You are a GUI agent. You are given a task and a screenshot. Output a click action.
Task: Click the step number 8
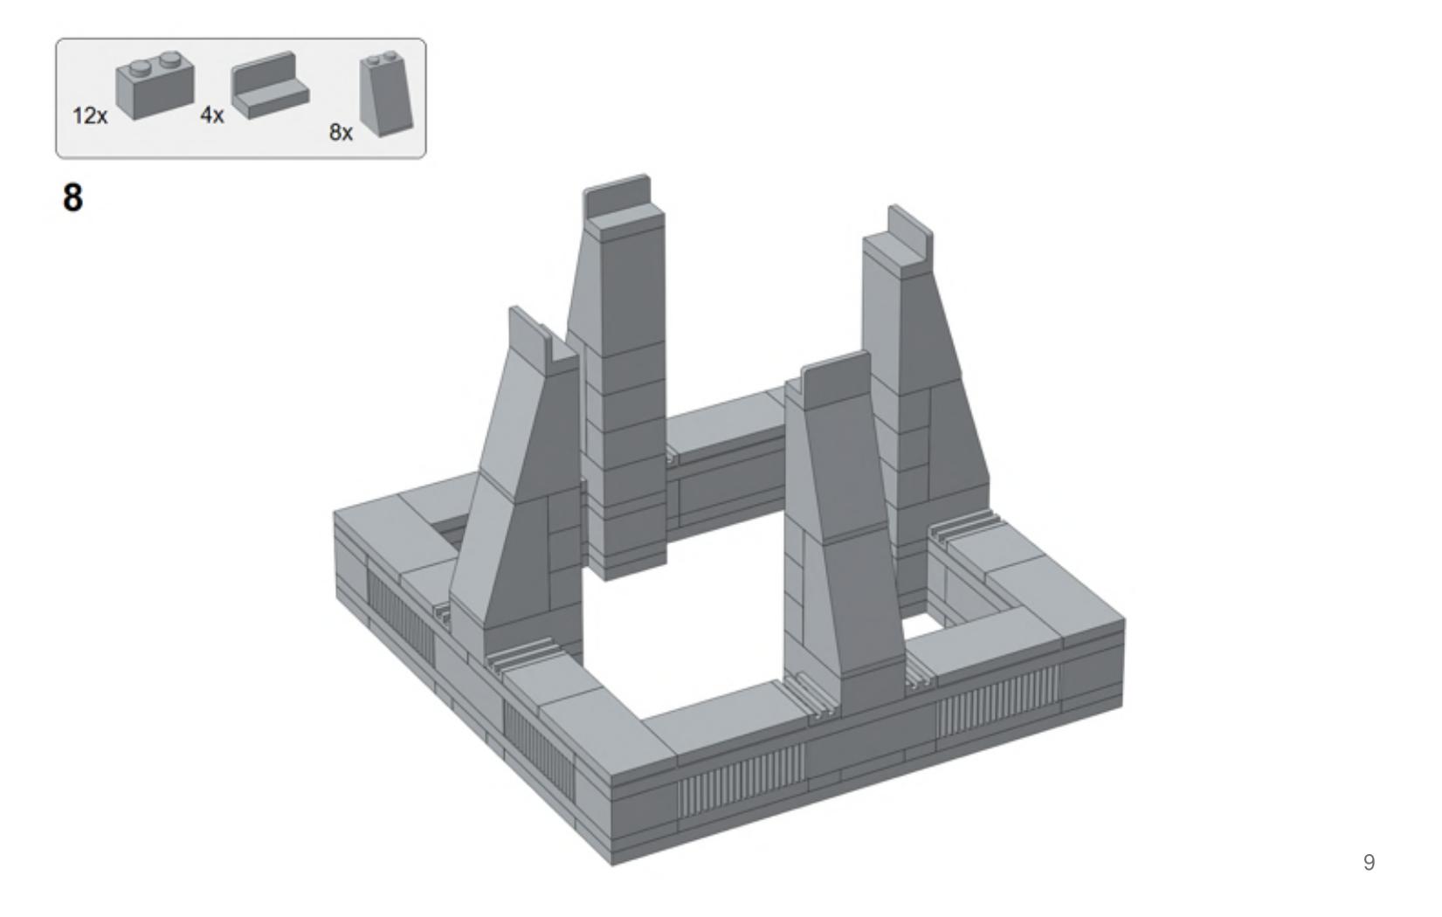point(72,197)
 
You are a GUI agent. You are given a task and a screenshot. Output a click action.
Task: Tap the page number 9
point(1370,862)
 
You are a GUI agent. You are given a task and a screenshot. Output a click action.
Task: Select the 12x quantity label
point(90,116)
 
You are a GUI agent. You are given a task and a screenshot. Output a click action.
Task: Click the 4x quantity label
point(211,115)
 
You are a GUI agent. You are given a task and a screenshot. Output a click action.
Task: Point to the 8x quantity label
point(342,132)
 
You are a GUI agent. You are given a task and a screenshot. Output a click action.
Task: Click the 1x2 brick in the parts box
point(155,86)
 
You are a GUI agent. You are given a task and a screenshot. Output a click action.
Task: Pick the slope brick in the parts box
point(386,94)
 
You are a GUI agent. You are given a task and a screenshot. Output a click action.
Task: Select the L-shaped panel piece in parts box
point(271,86)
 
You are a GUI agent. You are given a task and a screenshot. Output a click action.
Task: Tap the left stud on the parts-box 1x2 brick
point(141,66)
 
